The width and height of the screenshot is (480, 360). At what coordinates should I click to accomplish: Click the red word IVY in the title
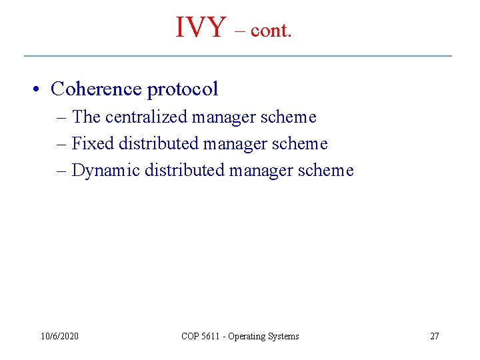[x=201, y=27]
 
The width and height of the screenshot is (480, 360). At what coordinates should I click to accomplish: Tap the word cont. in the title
[x=271, y=31]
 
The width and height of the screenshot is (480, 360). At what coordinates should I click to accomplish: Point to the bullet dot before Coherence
[x=40, y=89]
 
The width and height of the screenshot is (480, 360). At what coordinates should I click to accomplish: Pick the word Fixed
[x=93, y=143]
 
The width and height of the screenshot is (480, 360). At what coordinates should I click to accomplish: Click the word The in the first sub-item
[x=86, y=117]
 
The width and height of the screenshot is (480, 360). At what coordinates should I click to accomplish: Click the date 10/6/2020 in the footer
[x=59, y=336]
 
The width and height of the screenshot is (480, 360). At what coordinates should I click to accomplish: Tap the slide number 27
[x=434, y=336]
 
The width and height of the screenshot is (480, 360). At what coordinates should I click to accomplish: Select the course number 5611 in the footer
[x=210, y=336]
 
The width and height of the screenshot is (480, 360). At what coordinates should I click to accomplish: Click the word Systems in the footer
[x=283, y=337]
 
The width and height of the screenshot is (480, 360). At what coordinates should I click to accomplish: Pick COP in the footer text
[x=189, y=336]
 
